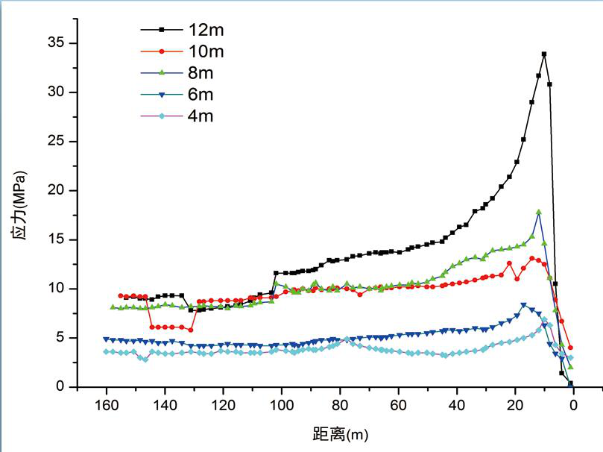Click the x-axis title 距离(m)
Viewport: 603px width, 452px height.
340,433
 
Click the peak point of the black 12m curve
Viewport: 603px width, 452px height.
544,54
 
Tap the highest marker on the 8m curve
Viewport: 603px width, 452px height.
538,212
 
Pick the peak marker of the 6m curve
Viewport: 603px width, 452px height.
524,305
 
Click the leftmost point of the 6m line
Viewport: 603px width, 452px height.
107,339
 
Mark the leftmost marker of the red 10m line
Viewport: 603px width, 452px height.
121,295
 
